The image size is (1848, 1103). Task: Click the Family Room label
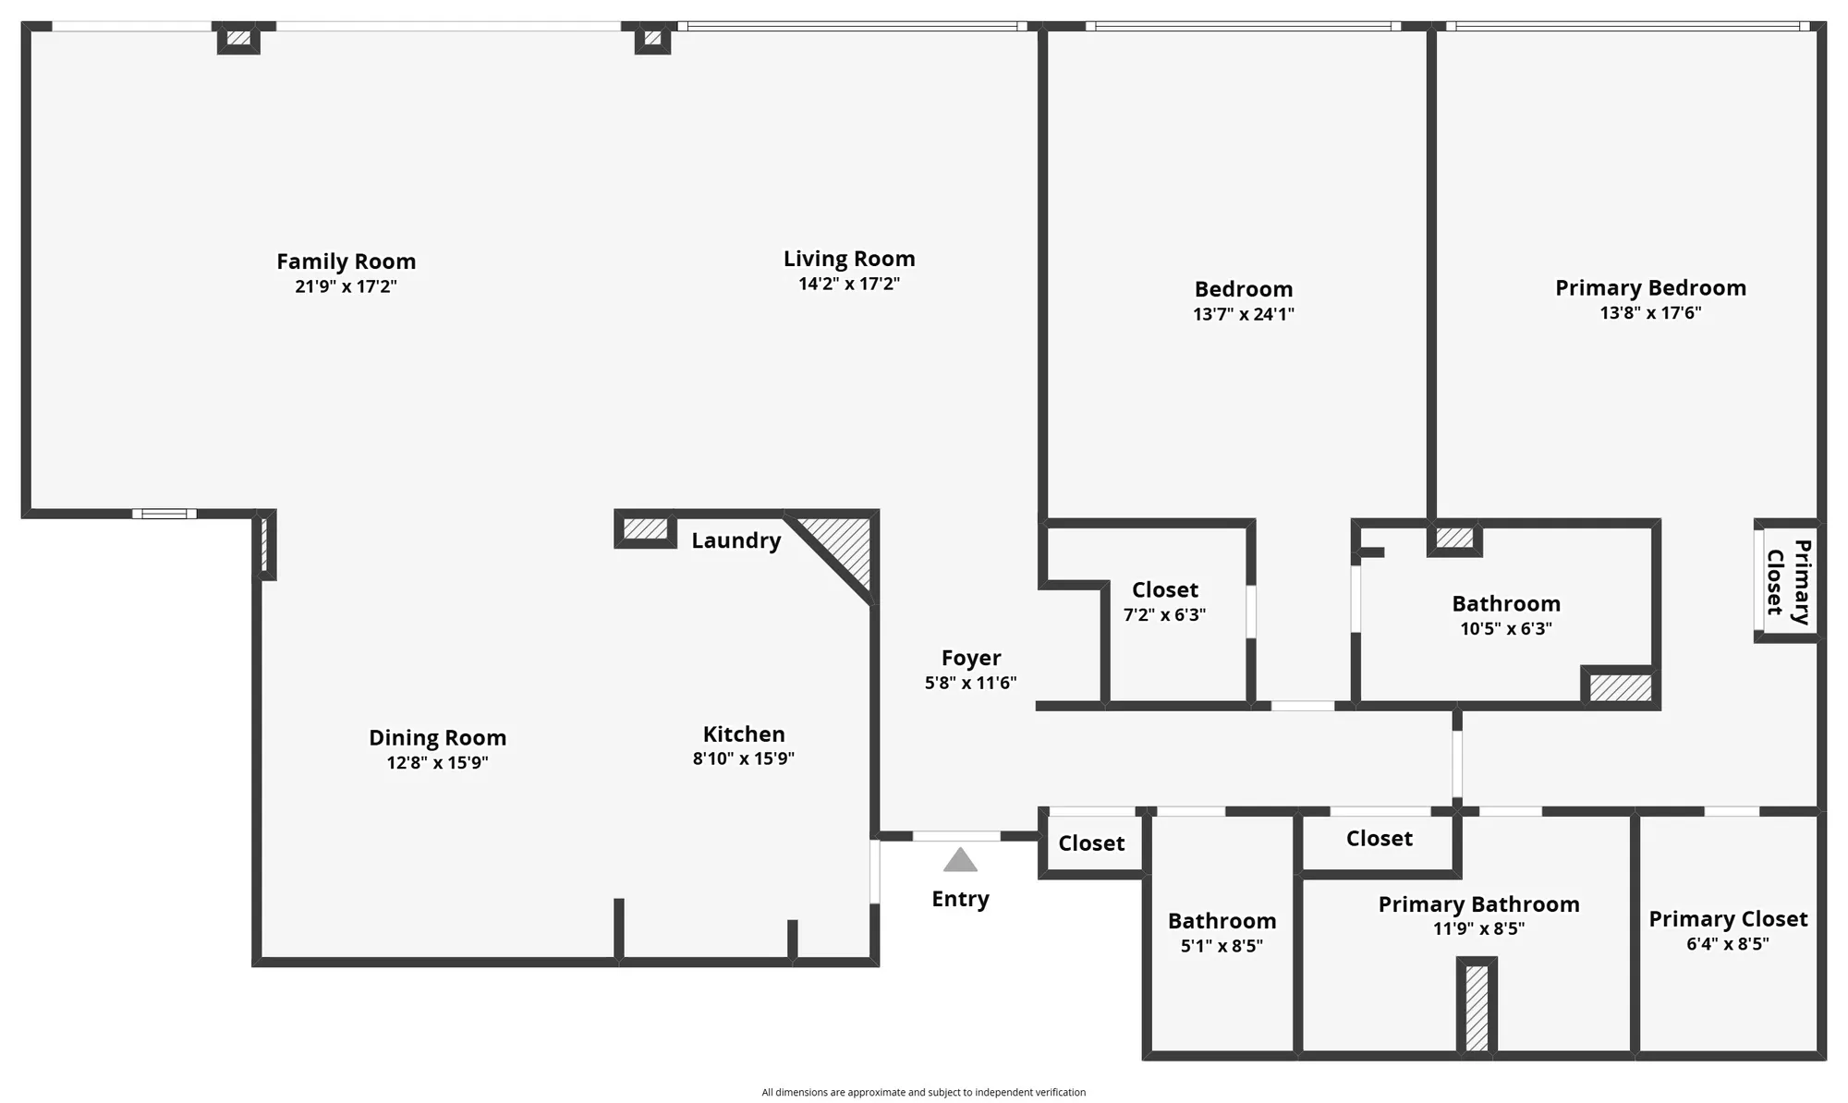pyautogui.click(x=346, y=261)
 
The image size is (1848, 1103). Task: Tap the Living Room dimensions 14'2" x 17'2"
pyautogui.click(x=848, y=284)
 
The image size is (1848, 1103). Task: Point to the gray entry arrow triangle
pyautogui.click(x=960, y=861)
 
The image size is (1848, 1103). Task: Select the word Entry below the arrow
pyautogui.click(x=960, y=899)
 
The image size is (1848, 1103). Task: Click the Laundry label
pyautogui.click(x=736, y=540)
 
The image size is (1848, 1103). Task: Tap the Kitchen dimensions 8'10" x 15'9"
pyautogui.click(x=743, y=759)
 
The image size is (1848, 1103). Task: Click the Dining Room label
pyautogui.click(x=437, y=738)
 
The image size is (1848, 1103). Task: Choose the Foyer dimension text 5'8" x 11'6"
pyautogui.click(x=970, y=683)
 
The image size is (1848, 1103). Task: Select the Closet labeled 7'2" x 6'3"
pyautogui.click(x=1164, y=590)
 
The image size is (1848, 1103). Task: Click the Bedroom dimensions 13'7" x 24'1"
pyautogui.click(x=1243, y=314)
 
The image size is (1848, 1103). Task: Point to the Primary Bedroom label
pyautogui.click(x=1650, y=288)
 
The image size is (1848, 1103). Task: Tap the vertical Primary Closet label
pyautogui.click(x=1788, y=582)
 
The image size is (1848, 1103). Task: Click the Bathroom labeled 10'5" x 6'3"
pyautogui.click(x=1505, y=604)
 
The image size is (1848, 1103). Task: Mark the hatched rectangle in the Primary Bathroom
pyautogui.click(x=1477, y=1007)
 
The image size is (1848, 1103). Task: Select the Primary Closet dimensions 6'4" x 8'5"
pyautogui.click(x=1727, y=944)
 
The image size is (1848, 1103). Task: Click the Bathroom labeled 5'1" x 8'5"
pyautogui.click(x=1222, y=921)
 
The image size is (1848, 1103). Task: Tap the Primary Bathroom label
pyautogui.click(x=1478, y=904)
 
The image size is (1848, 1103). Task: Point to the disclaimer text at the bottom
pyautogui.click(x=923, y=1092)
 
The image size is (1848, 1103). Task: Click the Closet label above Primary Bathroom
pyautogui.click(x=1379, y=839)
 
